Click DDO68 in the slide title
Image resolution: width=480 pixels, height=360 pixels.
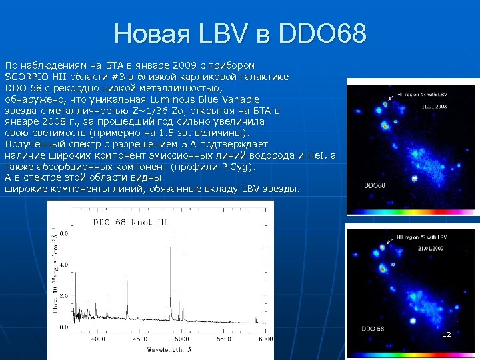click(x=323, y=33)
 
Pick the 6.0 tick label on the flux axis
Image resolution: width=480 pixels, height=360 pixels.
click(x=64, y=234)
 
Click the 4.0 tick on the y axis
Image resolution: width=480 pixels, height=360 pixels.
click(x=64, y=265)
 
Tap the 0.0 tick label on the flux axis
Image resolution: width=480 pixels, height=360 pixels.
click(x=64, y=328)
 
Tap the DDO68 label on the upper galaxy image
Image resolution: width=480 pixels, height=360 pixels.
click(x=374, y=185)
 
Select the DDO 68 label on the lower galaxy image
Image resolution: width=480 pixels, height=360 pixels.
click(x=373, y=329)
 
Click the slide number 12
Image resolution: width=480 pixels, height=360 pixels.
click(x=447, y=333)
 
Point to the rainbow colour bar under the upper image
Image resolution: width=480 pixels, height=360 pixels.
click(x=410, y=211)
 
